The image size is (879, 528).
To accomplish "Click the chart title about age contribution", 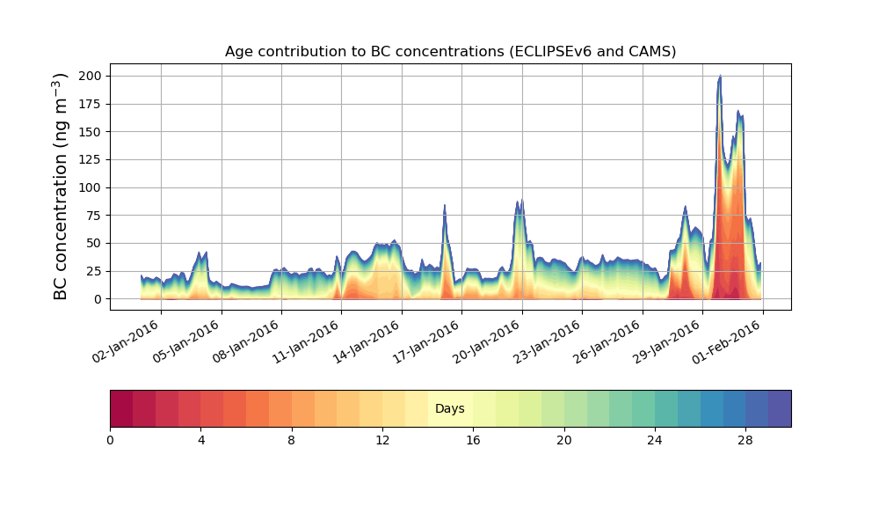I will point(450,51).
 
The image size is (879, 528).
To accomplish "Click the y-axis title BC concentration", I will point(61,187).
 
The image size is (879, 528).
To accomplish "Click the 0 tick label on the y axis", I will point(99,299).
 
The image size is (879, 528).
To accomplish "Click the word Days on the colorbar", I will point(450,409).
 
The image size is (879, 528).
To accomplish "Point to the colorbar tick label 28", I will point(745,440).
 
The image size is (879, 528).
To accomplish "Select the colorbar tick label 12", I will point(382,440).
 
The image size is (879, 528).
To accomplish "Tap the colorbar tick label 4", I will point(200,440).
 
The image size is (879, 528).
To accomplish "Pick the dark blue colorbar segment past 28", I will point(779,408).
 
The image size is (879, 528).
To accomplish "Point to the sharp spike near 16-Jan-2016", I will point(445,208).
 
